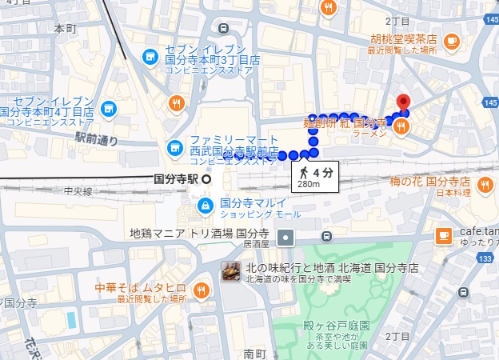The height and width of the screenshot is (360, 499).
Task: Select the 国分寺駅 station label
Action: [177, 179]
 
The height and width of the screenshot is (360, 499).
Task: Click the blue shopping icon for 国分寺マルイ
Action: [206, 206]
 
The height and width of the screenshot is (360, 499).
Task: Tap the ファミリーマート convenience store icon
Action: [174, 147]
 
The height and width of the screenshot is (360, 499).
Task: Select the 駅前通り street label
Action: [96, 138]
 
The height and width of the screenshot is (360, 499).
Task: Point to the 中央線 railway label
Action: [78, 191]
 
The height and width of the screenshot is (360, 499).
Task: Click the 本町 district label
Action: [64, 29]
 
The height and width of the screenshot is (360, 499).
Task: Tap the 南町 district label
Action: [254, 352]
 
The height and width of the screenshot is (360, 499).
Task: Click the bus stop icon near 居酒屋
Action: [326, 237]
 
